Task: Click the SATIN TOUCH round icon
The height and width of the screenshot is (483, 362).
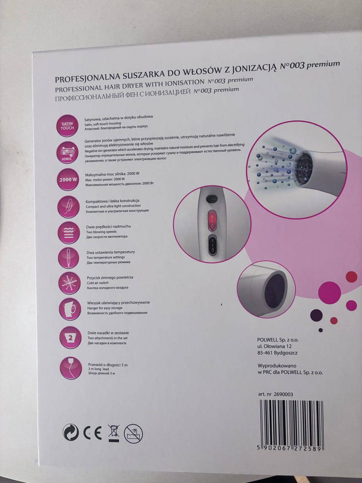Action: click(x=67, y=126)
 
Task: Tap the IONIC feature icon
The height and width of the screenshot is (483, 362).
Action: click(x=67, y=152)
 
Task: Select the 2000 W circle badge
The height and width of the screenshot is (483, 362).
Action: click(x=68, y=179)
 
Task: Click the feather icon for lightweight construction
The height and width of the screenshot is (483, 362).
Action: click(x=68, y=207)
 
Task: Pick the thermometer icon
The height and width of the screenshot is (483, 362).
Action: click(x=69, y=258)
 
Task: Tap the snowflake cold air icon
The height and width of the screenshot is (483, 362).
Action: click(x=69, y=283)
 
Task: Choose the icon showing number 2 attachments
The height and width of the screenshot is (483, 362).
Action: click(x=71, y=338)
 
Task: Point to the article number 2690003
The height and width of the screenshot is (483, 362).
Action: click(x=284, y=394)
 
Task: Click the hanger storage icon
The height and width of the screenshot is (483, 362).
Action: click(x=70, y=309)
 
